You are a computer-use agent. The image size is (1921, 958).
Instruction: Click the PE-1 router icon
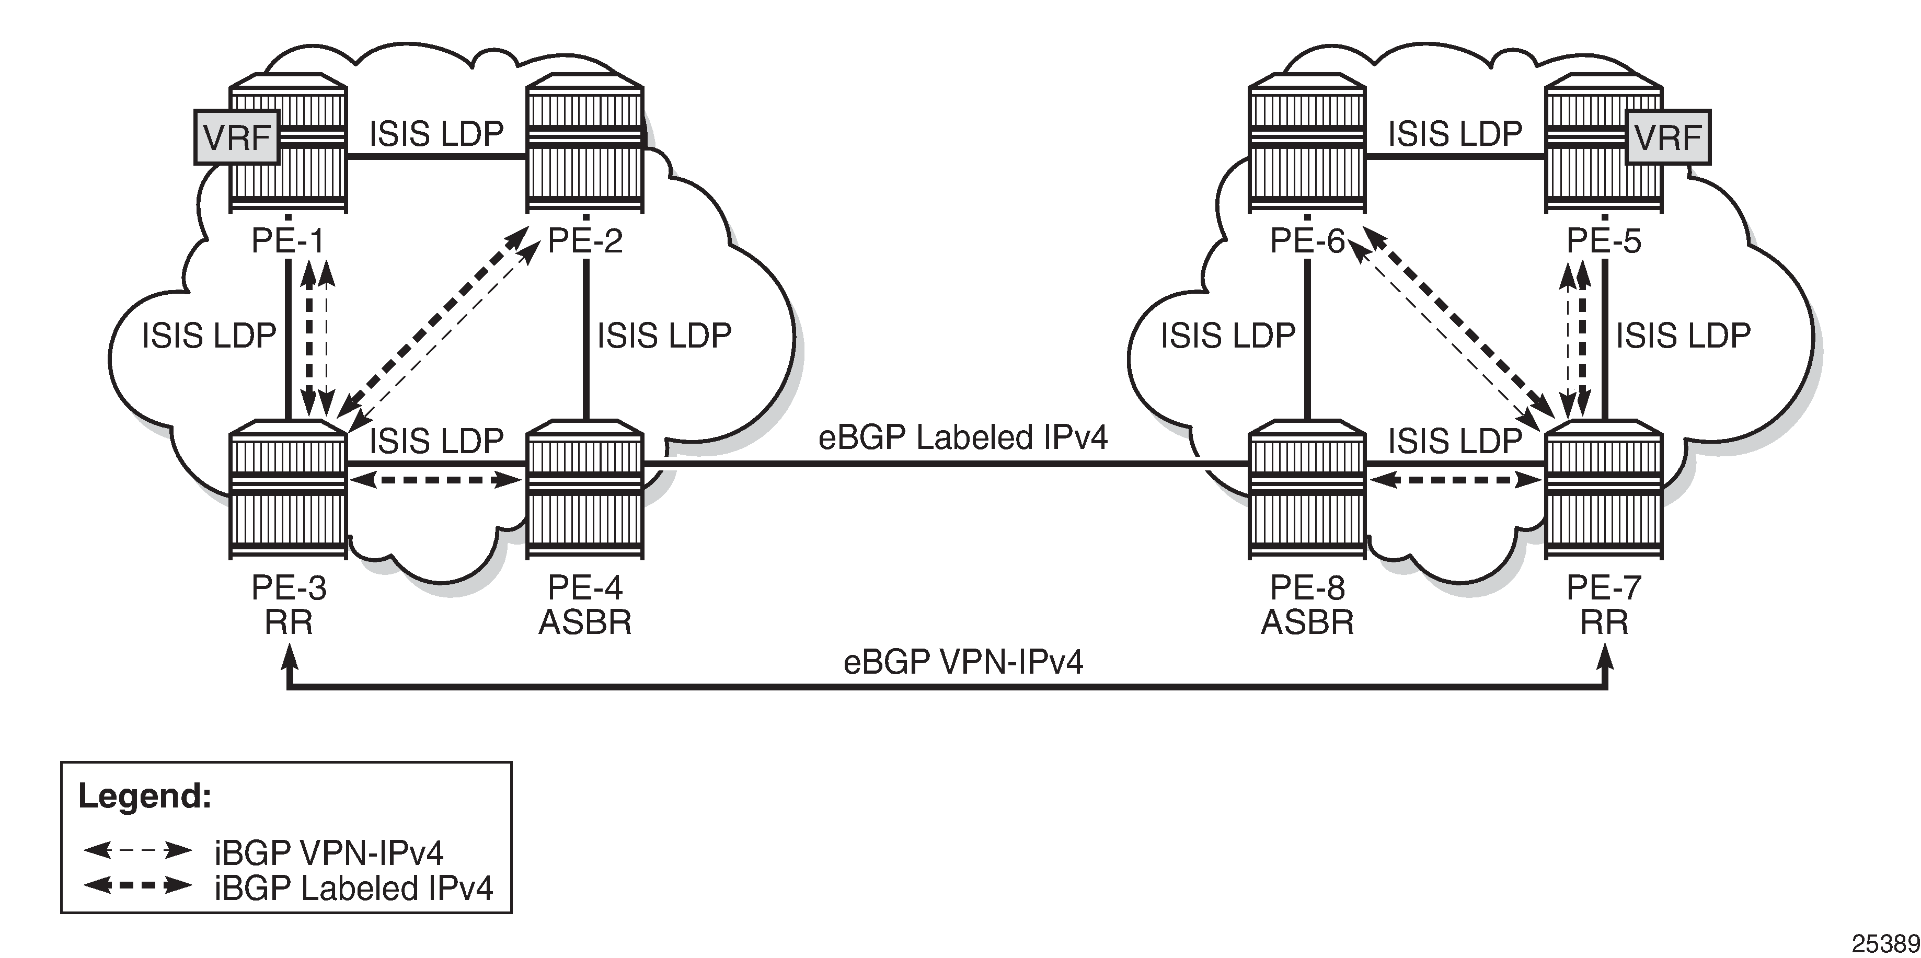(288, 142)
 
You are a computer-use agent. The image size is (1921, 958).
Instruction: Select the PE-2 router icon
(584, 142)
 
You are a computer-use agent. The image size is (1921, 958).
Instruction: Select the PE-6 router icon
(1307, 142)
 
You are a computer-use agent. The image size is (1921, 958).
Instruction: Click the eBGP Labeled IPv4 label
(963, 437)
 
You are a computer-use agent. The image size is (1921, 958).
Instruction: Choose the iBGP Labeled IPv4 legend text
(353, 888)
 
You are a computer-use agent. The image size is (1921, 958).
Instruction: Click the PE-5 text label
(1603, 241)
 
